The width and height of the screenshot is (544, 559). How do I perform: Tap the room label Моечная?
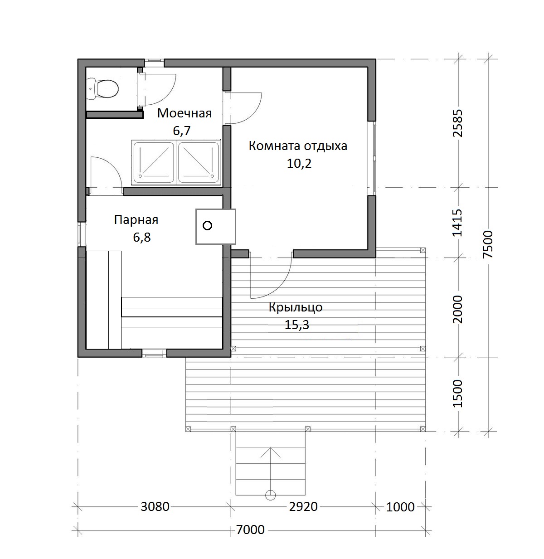pyautogui.click(x=185, y=113)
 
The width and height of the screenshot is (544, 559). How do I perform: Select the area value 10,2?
pyautogui.click(x=299, y=164)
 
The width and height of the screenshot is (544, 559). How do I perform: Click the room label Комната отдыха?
pyautogui.click(x=298, y=146)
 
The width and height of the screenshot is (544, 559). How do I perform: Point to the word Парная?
pyautogui.click(x=136, y=220)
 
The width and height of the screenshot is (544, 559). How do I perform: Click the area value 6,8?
pyautogui.click(x=142, y=237)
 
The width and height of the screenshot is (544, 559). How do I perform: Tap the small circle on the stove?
pyautogui.click(x=207, y=225)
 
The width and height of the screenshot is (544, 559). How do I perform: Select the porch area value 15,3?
pyautogui.click(x=296, y=325)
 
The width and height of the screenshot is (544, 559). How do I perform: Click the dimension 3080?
pyautogui.click(x=155, y=507)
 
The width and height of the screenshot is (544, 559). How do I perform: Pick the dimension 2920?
pyautogui.click(x=303, y=507)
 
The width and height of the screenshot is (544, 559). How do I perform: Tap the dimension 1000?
pyautogui.click(x=400, y=507)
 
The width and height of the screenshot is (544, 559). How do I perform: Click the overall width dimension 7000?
pyautogui.click(x=250, y=530)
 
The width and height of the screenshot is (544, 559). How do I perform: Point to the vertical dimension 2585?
pyautogui.click(x=457, y=123)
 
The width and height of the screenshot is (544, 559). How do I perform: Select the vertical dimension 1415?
pyautogui.click(x=457, y=223)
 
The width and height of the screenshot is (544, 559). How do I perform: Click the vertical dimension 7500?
pyautogui.click(x=488, y=244)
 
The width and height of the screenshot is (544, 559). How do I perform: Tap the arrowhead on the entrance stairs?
pyautogui.click(x=270, y=453)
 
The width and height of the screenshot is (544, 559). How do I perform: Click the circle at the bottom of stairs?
pyautogui.click(x=270, y=495)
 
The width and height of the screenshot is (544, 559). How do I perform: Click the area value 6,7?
pyautogui.click(x=181, y=131)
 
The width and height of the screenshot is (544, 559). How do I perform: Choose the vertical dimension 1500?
pyautogui.click(x=457, y=393)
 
